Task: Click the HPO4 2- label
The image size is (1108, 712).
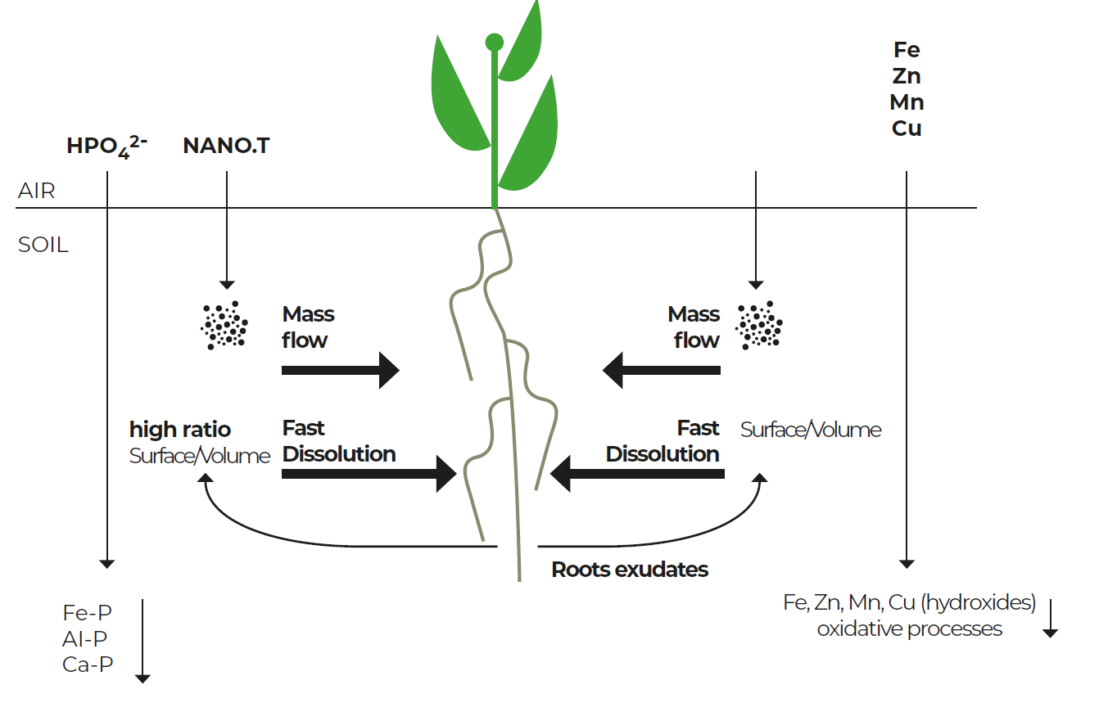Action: click(x=106, y=146)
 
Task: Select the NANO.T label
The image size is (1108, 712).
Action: click(x=226, y=146)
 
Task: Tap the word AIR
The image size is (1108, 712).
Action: click(x=36, y=191)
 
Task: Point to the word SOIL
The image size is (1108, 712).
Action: click(x=43, y=245)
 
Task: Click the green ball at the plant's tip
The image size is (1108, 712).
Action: click(x=494, y=43)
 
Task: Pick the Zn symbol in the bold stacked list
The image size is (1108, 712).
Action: click(x=907, y=76)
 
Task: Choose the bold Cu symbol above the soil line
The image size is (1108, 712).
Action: click(x=907, y=128)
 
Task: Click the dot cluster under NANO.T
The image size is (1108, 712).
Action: click(x=224, y=325)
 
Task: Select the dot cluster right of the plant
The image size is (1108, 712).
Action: click(x=759, y=325)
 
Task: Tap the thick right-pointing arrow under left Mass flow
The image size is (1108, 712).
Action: click(x=341, y=371)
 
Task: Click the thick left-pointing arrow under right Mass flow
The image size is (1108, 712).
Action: click(x=662, y=371)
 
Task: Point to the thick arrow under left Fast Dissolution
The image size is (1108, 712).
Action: click(x=369, y=474)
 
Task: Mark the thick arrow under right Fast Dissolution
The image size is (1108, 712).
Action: click(x=637, y=474)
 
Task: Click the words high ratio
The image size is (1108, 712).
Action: click(x=180, y=430)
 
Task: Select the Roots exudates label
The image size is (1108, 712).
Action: click(x=630, y=570)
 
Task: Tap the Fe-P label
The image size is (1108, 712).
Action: click(x=88, y=613)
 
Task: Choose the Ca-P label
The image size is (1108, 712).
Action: click(x=88, y=665)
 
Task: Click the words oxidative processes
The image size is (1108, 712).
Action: click(x=909, y=629)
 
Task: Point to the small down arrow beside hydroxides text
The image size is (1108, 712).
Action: click(x=1050, y=618)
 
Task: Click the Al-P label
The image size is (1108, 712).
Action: click(x=84, y=639)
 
